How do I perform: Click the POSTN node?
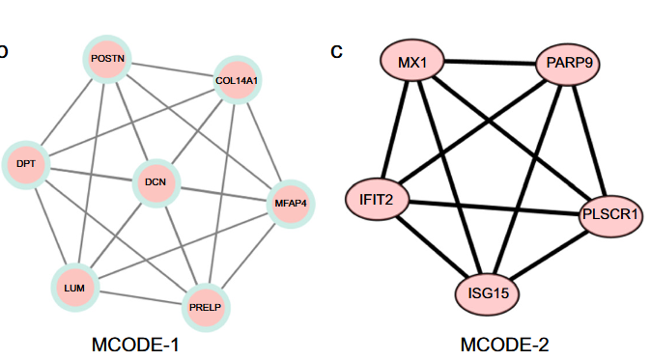[x=107, y=59]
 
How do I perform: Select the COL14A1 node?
[x=237, y=81]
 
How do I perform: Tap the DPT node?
[x=25, y=164]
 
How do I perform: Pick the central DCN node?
[x=156, y=182]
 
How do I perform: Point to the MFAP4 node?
[x=291, y=204]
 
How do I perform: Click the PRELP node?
[x=206, y=308]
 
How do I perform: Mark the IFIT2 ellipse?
[x=377, y=200]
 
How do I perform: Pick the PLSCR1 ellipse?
[x=610, y=214]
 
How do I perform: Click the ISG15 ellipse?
[x=488, y=291]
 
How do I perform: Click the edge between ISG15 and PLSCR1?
[x=549, y=253]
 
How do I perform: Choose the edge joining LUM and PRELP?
[x=140, y=298]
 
